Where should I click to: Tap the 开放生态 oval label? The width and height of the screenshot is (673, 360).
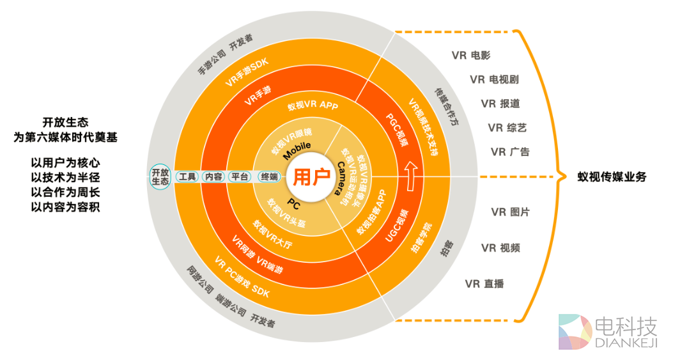pyautogui.click(x=160, y=177)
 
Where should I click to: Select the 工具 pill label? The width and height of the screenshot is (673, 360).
pyautogui.click(x=187, y=177)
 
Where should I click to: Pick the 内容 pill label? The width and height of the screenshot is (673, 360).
pyautogui.click(x=213, y=177)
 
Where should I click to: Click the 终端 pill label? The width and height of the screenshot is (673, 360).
pyautogui.click(x=269, y=177)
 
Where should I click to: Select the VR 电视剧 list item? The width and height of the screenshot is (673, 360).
pyautogui.click(x=494, y=80)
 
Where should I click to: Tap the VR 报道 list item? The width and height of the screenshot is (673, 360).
pyautogui.click(x=500, y=104)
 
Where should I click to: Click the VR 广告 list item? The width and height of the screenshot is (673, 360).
pyautogui.click(x=510, y=152)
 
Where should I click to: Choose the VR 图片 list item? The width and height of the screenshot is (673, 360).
pyautogui.click(x=510, y=212)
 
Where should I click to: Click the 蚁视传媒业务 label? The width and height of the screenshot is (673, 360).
pyautogui.click(x=612, y=177)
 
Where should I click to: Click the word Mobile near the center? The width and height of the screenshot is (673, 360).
pyautogui.click(x=298, y=151)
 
